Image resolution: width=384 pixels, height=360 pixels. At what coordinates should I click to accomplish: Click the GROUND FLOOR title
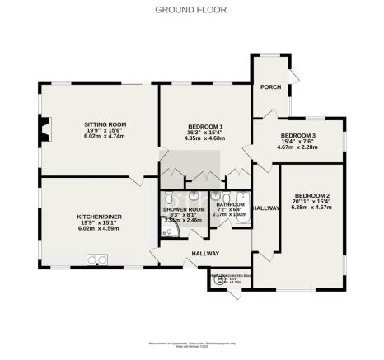tap(192, 9)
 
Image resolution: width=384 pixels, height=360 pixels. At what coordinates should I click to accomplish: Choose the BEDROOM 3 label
tap(297, 135)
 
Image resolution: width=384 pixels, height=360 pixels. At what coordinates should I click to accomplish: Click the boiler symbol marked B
tap(218, 280)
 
